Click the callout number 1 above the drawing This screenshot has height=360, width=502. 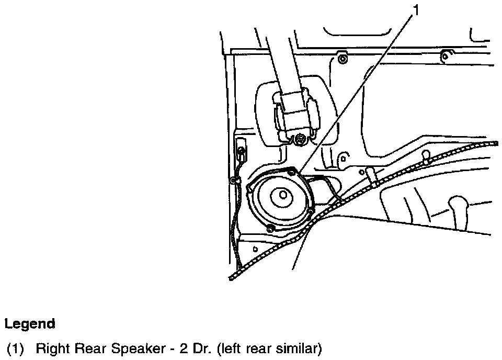pyautogui.click(x=417, y=9)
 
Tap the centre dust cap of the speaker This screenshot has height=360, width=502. pyautogui.click(x=283, y=195)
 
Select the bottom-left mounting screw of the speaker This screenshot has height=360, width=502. pyautogui.click(x=270, y=228)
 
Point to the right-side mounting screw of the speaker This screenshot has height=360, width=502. pyautogui.click(x=312, y=211)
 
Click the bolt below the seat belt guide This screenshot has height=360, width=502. pyautogui.click(x=301, y=140)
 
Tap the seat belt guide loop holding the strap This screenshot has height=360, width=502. pyautogui.click(x=296, y=113)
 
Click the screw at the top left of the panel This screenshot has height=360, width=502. pyautogui.click(x=343, y=58)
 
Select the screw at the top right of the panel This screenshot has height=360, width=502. pyautogui.click(x=444, y=55)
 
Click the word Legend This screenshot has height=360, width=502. pyautogui.click(x=29, y=324)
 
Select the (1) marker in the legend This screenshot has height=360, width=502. pyautogui.click(x=15, y=348)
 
